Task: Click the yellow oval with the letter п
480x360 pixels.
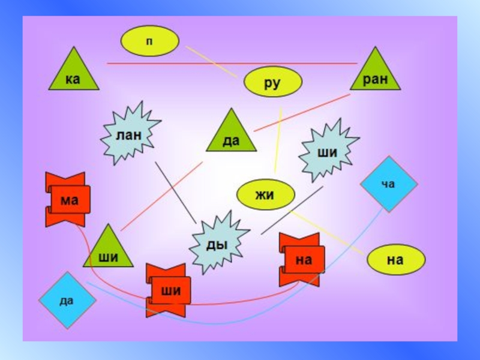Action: coord(149,41)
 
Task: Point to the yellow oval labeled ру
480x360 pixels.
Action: coord(272,82)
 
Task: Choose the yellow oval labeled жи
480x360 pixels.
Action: coord(266,195)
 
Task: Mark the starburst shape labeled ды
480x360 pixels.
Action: coord(218,244)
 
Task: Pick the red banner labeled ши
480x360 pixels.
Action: coord(169,290)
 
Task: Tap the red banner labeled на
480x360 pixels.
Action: coord(303,259)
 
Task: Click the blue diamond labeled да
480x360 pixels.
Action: coord(67,300)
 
